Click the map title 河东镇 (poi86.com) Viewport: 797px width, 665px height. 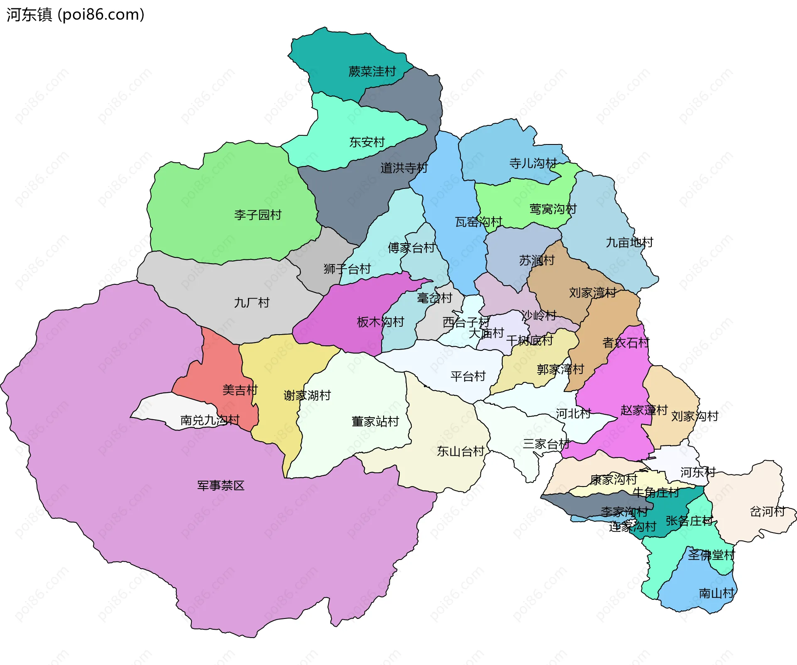(75, 15)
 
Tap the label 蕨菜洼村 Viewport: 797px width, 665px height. (372, 71)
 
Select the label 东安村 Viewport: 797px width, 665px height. (367, 142)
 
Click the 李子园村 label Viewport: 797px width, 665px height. (258, 215)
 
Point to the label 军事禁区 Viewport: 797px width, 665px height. (221, 485)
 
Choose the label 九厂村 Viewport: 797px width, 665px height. (252, 302)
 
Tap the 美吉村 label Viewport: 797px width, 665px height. (240, 390)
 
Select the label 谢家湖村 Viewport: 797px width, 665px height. (307, 395)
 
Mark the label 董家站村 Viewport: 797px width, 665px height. (375, 421)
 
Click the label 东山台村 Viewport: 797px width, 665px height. (460, 451)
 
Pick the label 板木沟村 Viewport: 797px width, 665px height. (380, 322)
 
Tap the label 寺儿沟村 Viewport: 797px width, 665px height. (533, 163)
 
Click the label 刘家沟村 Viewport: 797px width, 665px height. (694, 416)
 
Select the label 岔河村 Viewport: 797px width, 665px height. (767, 511)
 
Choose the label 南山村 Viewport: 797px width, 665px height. (716, 593)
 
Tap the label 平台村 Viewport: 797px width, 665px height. (468, 376)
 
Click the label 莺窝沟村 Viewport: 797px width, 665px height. (553, 209)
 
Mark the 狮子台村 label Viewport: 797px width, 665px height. (347, 269)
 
